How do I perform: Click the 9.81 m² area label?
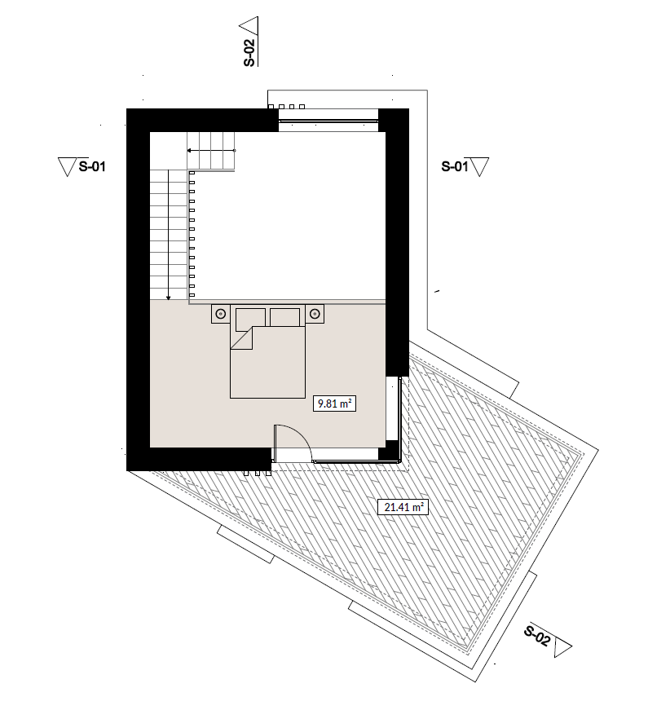334,403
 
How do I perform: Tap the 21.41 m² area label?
403,507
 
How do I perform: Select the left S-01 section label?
92,166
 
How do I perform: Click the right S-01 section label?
455,166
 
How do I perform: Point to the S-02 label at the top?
249,53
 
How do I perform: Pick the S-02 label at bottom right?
538,635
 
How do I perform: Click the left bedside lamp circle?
221,314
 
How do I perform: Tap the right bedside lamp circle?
315,314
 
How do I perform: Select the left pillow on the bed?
250,317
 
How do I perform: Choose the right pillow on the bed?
284,317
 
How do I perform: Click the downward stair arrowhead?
169,298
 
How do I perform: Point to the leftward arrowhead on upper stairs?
190,150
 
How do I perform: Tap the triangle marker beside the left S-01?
67,166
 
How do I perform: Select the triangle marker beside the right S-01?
479,166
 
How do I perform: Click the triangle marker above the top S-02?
249,26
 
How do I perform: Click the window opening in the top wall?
328,121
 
